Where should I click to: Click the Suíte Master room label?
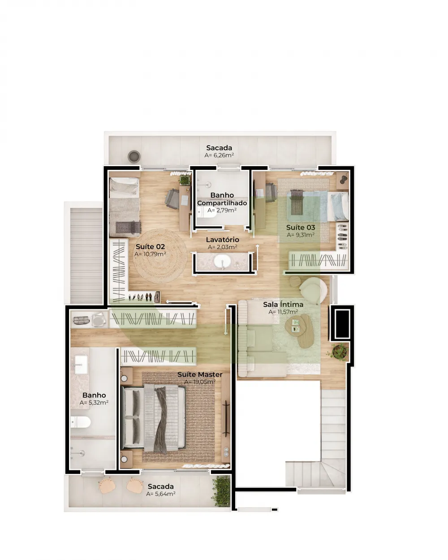click(x=200, y=375)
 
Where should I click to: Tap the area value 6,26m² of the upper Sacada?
click(x=220, y=155)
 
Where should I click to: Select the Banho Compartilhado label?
click(x=222, y=199)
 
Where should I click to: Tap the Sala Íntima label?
click(x=283, y=305)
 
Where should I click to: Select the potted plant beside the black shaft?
click(x=340, y=351)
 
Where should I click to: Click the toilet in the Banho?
click(x=81, y=422)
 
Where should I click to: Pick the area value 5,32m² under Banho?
click(x=94, y=403)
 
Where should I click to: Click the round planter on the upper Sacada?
click(x=134, y=156)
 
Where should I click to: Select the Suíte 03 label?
click(x=301, y=228)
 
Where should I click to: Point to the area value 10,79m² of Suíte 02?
click(x=151, y=254)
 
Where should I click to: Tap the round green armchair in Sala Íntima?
click(x=313, y=289)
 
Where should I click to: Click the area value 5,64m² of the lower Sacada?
click(x=161, y=494)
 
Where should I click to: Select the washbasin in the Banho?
click(x=81, y=363)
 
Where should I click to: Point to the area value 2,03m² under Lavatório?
click(x=222, y=247)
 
